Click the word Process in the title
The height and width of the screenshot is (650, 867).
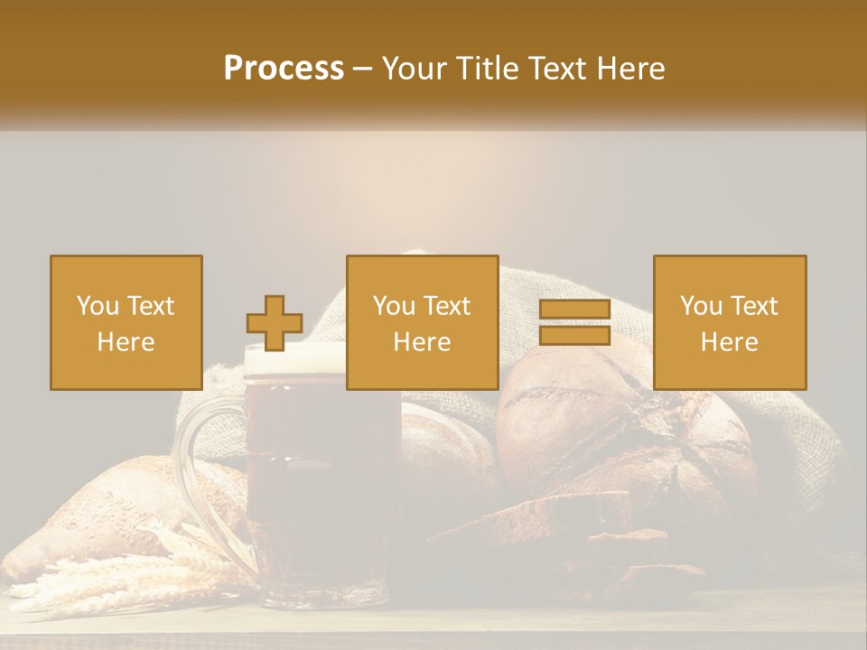coord(284,69)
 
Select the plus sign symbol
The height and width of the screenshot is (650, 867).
coord(275,323)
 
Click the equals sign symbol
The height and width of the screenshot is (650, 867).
coord(574,322)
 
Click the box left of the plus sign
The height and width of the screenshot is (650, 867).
coord(126,322)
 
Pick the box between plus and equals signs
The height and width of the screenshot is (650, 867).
coord(423,322)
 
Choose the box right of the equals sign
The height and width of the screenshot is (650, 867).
coord(730,322)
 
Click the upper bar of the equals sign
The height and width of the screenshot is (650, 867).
coord(574,310)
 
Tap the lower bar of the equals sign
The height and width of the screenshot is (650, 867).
coord(574,336)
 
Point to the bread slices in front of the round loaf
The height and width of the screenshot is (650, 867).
coord(578,533)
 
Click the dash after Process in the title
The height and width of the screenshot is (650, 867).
coord(363,69)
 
